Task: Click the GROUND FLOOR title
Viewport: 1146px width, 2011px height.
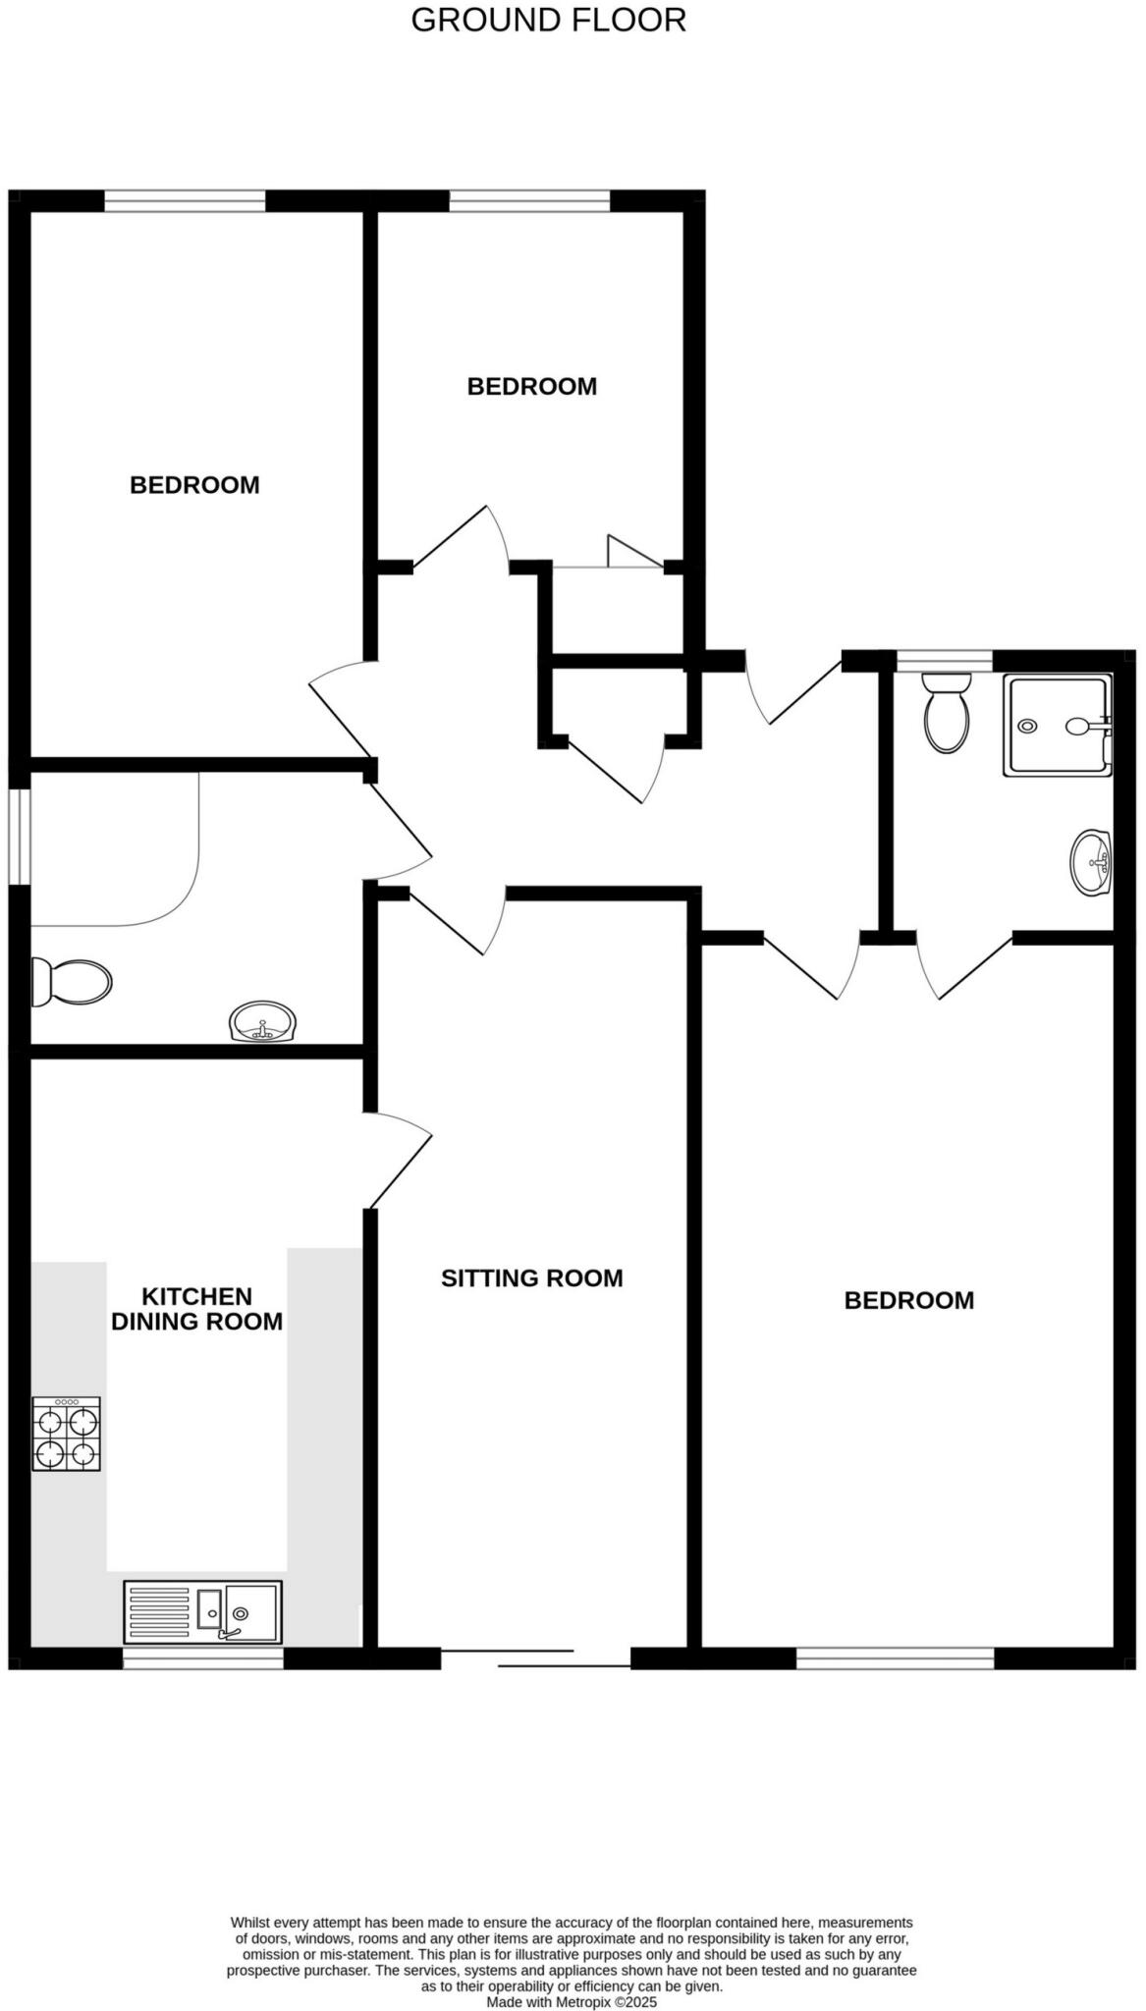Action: tap(548, 21)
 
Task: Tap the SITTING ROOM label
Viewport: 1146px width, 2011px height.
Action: tap(531, 1278)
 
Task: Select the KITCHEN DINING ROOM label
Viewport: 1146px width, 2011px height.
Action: tap(196, 1309)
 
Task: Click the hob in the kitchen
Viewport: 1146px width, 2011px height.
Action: tap(67, 1435)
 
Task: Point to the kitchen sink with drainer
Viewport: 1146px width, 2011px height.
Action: tap(202, 1611)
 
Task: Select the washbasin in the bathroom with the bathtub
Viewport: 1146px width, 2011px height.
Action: tap(262, 1022)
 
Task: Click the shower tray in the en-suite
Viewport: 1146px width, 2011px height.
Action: tap(1057, 726)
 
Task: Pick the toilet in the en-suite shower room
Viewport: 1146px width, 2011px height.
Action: tap(947, 714)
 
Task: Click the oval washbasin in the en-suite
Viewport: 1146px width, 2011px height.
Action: tap(1090, 863)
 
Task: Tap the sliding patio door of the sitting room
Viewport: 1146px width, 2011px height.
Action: tap(535, 1659)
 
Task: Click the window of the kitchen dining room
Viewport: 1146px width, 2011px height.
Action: tap(202, 1658)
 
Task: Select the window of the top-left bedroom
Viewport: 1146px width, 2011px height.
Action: tap(185, 201)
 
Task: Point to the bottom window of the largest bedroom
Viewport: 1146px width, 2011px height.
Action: tap(895, 1658)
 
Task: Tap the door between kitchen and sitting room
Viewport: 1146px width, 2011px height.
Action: tap(398, 1161)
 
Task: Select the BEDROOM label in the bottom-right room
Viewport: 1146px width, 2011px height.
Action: tap(908, 1301)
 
